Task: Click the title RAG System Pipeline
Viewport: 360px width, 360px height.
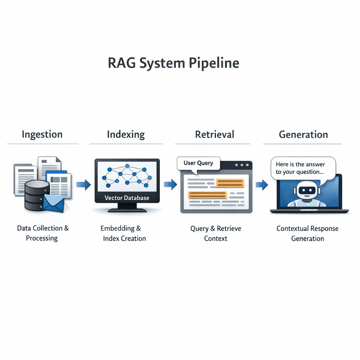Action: tap(173, 63)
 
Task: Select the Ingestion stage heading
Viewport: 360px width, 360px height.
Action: tap(42, 134)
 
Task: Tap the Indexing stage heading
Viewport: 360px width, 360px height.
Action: tap(126, 134)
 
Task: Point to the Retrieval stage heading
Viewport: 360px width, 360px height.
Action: tap(214, 134)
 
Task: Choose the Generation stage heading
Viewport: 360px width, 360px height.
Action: tap(303, 134)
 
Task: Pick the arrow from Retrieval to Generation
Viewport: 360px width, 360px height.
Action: tap(262, 184)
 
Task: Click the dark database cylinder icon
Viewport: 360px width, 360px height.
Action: tap(37, 195)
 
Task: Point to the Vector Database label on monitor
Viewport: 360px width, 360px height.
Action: tap(127, 198)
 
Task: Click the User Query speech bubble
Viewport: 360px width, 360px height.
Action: tap(198, 163)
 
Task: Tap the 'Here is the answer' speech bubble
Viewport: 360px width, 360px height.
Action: tap(302, 168)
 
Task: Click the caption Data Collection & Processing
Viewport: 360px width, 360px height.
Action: tap(43, 233)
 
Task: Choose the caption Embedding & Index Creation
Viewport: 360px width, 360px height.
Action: tap(123, 233)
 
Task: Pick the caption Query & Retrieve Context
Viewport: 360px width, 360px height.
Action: tap(216, 233)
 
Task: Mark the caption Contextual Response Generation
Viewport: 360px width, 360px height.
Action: tap(307, 233)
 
